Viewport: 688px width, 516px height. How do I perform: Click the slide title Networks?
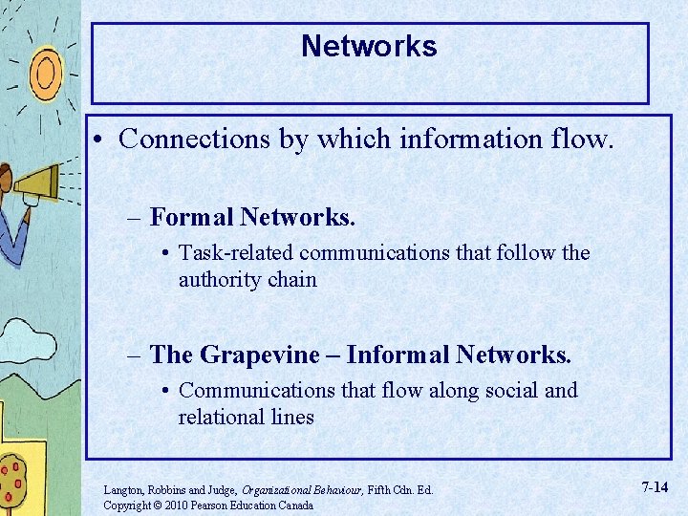coord(369,47)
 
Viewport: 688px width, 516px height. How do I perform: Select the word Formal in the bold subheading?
coord(191,218)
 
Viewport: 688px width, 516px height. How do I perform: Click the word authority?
coord(219,280)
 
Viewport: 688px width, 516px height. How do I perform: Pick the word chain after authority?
coord(291,280)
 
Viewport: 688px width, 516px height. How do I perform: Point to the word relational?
coord(223,417)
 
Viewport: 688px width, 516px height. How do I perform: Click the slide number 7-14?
coord(655,488)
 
